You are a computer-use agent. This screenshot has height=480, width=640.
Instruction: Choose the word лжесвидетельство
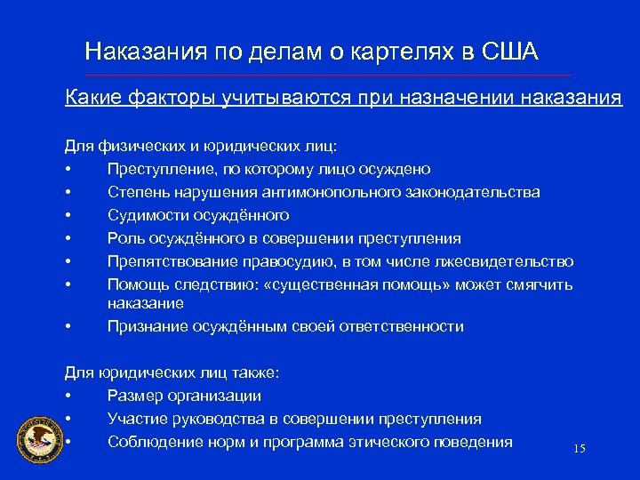coord(504,261)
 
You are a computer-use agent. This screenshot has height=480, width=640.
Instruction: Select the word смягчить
coord(539,284)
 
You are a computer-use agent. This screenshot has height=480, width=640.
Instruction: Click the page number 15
coord(580,450)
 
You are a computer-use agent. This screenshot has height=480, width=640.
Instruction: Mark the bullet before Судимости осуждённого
coord(68,215)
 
